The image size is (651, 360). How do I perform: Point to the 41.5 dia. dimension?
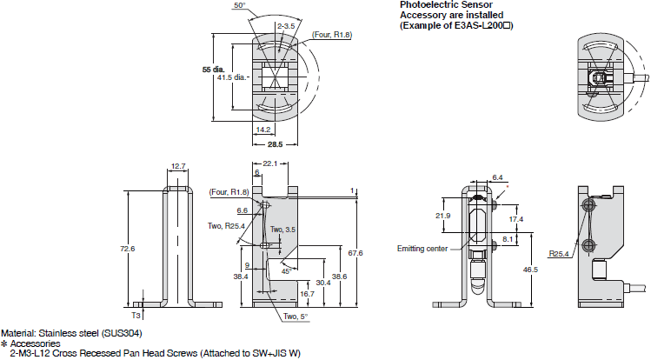[x=234, y=77]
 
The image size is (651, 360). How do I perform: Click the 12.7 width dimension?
[x=178, y=165]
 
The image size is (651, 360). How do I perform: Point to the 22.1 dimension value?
[x=269, y=165]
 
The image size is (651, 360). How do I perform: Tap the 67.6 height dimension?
[x=367, y=253]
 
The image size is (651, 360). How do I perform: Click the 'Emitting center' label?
[x=422, y=248]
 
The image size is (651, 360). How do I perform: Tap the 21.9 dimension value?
[x=442, y=215]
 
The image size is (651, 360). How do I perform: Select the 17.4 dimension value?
[x=518, y=217]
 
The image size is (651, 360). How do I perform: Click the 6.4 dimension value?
[x=496, y=177]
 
